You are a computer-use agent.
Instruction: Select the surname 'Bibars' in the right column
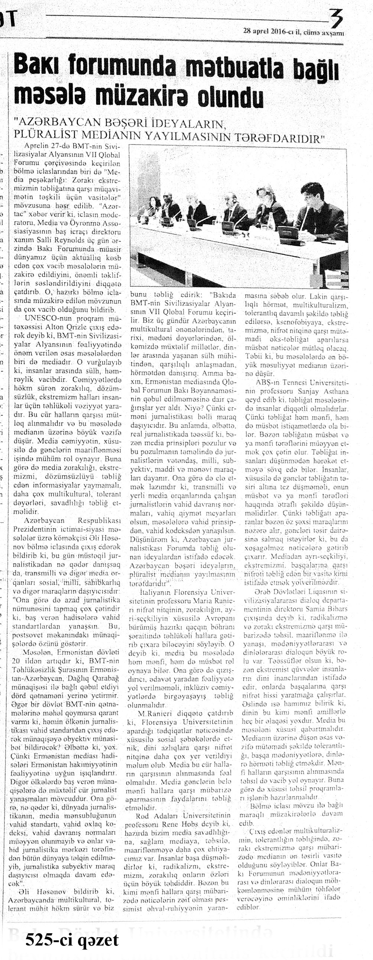tap(336, 609)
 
